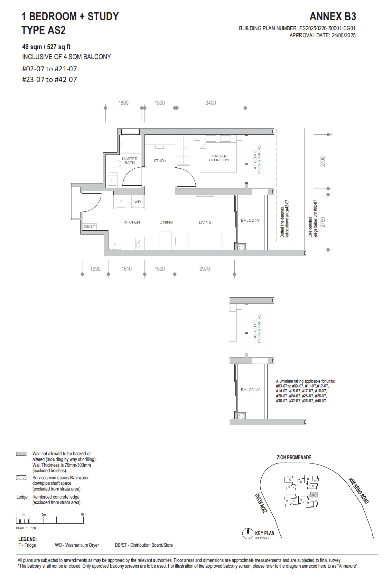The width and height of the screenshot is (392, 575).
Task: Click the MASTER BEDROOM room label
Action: [219, 158]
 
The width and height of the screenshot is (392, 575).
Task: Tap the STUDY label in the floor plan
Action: [160, 161]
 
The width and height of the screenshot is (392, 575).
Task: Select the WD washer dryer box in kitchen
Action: [137, 202]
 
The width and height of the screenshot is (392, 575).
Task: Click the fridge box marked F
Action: [115, 244]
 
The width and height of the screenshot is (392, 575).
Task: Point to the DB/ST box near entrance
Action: [89, 226]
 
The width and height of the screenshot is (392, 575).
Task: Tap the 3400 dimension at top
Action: [210, 103]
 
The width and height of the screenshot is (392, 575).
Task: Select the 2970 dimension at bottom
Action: [204, 269]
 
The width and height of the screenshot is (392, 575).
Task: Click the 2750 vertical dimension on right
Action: [323, 222]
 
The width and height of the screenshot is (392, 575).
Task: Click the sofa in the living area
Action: [205, 241]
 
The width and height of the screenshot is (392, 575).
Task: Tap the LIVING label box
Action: [205, 222]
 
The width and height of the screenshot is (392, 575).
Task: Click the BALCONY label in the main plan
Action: [250, 220]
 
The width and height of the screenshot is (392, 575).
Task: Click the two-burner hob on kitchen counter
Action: [138, 243]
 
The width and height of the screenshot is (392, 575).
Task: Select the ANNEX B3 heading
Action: [332, 17]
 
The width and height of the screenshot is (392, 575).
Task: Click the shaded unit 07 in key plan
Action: [313, 495]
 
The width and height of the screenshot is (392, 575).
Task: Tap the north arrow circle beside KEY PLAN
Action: [247, 534]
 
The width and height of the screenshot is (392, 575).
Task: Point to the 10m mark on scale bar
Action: [83, 514]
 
